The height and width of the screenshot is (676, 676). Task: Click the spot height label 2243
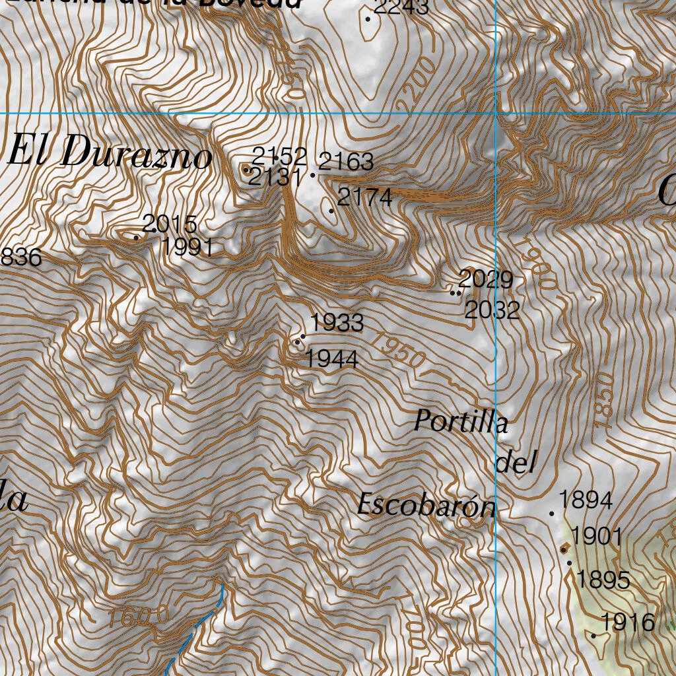point(401,7)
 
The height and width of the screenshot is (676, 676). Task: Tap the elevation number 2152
point(279,156)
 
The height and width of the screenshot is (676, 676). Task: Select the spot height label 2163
point(346,161)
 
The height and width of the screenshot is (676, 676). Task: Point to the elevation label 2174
point(364,197)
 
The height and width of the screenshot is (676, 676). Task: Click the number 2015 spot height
point(170,224)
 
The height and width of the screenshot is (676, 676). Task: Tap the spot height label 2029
point(486,279)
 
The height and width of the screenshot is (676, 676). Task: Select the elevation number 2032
point(492,310)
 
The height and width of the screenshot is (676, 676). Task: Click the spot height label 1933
point(337,323)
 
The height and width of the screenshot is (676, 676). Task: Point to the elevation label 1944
point(331,359)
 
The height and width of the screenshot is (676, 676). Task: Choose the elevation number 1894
point(586,500)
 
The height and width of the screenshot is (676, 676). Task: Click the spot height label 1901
point(597,536)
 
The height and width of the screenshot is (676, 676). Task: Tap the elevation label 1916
point(628,622)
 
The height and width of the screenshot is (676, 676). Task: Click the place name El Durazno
point(110,155)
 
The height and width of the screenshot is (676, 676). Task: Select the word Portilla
point(461,422)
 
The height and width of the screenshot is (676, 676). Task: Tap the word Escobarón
point(426,506)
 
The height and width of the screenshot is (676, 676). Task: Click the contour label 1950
point(397,350)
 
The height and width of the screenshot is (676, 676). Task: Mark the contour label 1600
point(139,618)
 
